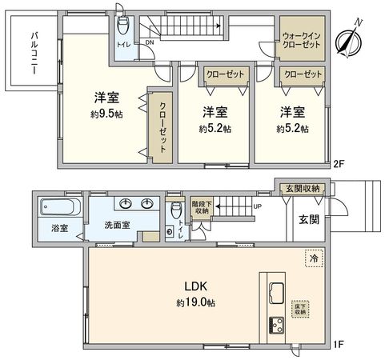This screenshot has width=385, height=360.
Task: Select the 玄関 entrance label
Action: (x=310, y=218)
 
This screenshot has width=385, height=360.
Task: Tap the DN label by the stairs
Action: (x=150, y=45)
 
